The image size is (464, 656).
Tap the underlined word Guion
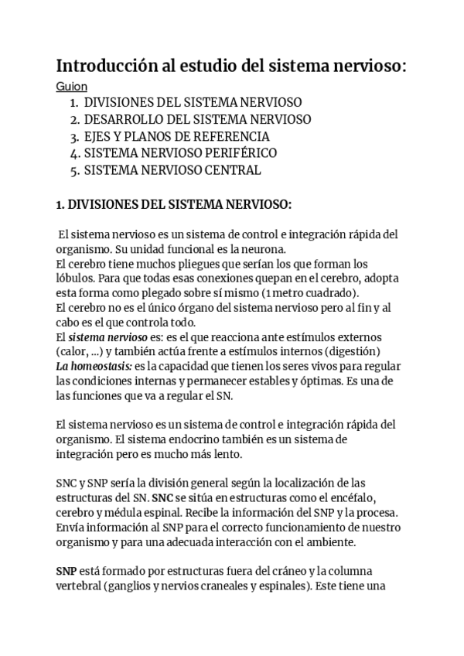tap(72, 87)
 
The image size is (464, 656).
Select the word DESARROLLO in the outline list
tap(121, 119)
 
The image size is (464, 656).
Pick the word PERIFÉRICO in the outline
tap(237, 153)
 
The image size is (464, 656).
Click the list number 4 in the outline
tap(73, 153)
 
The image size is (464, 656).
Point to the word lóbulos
tap(76, 278)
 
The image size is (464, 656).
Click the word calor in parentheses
tap(75, 352)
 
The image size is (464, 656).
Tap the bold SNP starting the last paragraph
tap(67, 572)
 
